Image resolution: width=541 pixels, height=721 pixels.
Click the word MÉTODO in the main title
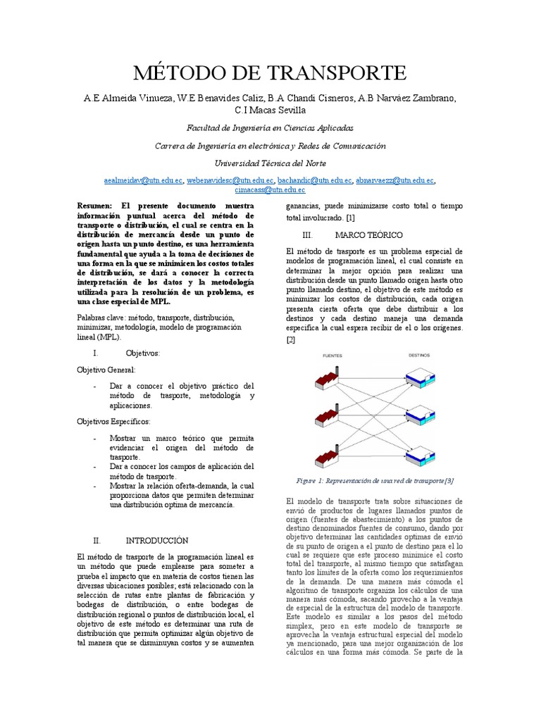[177, 73]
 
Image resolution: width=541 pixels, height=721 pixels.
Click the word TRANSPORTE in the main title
[334, 73]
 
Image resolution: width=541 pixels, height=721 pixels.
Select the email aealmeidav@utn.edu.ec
[143, 180]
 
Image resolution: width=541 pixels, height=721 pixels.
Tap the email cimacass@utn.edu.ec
[270, 189]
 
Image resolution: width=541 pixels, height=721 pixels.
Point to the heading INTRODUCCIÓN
[157, 541]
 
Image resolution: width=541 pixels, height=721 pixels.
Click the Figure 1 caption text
[375, 481]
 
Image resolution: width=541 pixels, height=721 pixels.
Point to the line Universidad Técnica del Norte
[270, 163]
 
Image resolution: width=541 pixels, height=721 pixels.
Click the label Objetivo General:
[107, 370]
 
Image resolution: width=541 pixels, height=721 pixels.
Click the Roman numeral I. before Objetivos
[97, 353]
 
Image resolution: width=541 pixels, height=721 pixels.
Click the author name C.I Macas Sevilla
[270, 111]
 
